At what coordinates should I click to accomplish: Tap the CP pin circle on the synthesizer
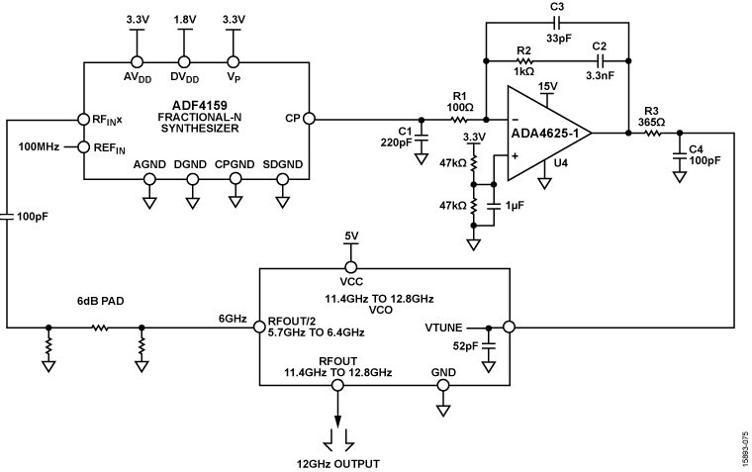[308, 119]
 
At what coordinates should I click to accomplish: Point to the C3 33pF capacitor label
[556, 17]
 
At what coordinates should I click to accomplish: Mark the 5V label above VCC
[349, 236]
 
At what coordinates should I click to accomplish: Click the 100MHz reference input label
[40, 146]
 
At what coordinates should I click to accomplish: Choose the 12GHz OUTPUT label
[340, 462]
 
